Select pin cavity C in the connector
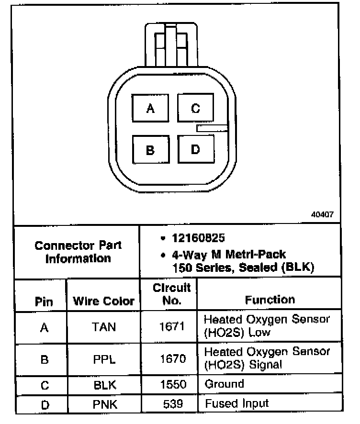(195, 109)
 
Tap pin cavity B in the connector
(150, 150)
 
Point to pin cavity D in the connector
(195, 149)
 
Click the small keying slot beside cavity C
(212, 128)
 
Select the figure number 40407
(322, 215)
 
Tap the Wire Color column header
(103, 301)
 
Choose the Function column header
(270, 300)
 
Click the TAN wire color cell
(103, 327)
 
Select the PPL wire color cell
(103, 359)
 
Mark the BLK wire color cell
(103, 385)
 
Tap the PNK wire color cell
(103, 404)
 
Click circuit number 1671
(171, 327)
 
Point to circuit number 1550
(171, 385)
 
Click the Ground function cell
(224, 384)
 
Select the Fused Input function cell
(237, 403)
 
